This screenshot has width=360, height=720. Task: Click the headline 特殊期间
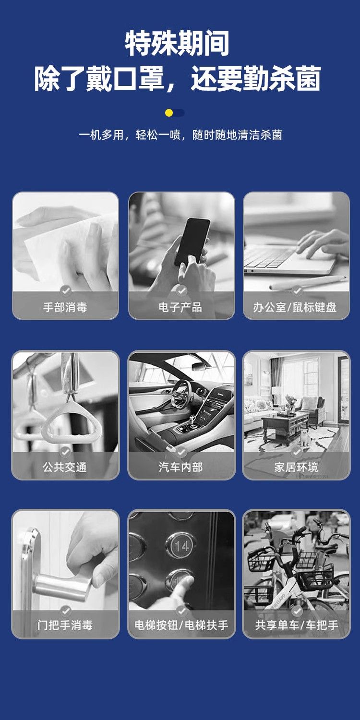coord(177,43)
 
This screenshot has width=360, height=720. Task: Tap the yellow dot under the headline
coord(169,113)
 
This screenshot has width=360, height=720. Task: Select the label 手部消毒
coord(65,307)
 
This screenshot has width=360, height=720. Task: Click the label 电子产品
coord(180,307)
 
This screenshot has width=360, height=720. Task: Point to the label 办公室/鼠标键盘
coord(295,307)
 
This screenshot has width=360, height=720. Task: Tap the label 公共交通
coord(65,467)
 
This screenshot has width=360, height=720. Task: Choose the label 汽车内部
coord(180,467)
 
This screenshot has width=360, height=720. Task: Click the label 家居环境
coord(296,467)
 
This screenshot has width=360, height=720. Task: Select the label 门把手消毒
coord(65,625)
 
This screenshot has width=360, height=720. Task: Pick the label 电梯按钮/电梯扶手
coord(181,625)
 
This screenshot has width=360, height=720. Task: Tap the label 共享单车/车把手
coord(297,625)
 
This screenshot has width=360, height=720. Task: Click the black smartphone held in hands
coord(192,242)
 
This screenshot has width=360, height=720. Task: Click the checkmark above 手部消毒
coord(66,290)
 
